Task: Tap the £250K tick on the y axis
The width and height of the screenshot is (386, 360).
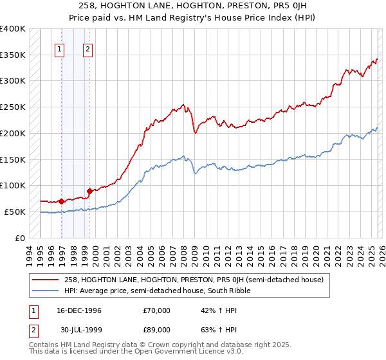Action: [x=13, y=107]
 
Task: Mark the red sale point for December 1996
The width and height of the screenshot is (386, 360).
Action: [x=62, y=201]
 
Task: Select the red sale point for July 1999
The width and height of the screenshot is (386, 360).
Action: [x=89, y=191]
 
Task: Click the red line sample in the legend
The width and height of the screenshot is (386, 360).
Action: [x=46, y=280]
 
